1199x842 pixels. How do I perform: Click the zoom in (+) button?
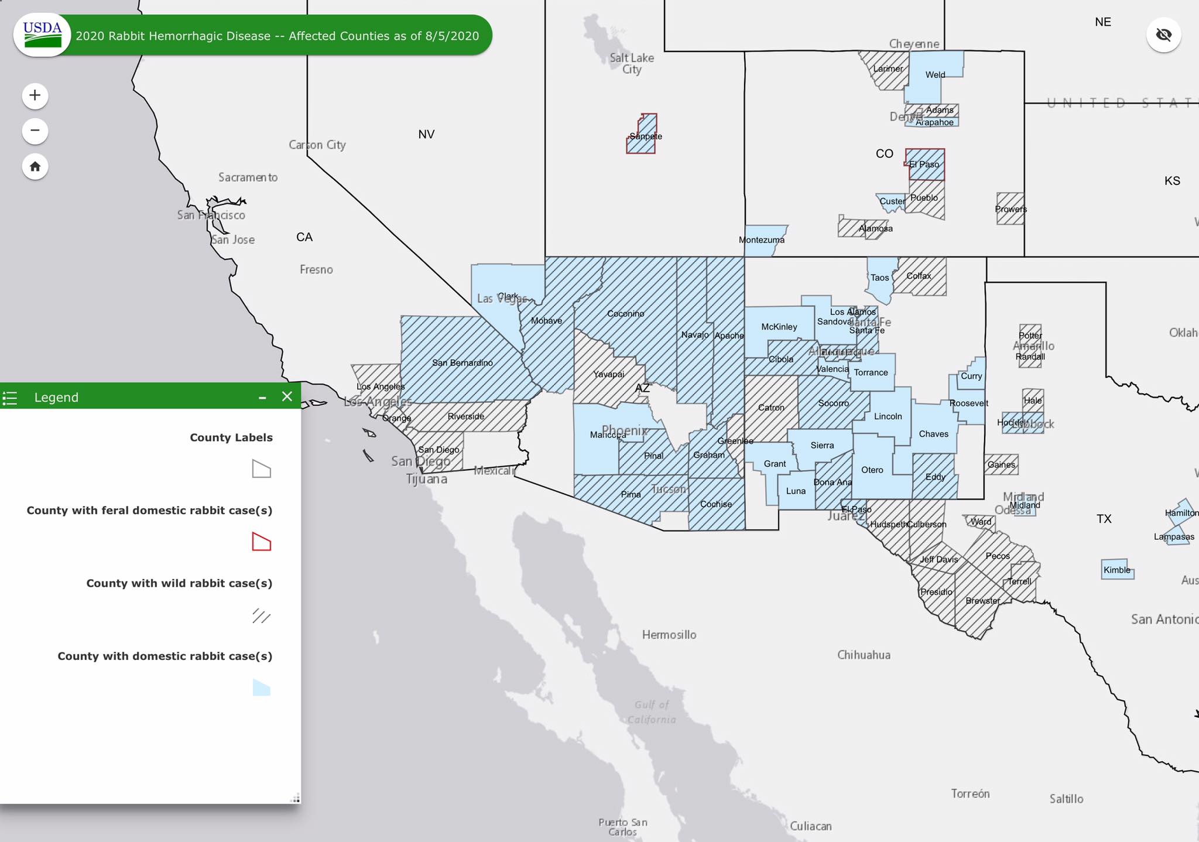35,95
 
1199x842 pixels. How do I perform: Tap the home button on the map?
35,167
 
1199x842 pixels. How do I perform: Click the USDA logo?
42,35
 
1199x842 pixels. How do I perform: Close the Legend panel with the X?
287,397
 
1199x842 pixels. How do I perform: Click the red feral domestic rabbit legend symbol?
261,542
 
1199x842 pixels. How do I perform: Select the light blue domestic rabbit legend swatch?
261,687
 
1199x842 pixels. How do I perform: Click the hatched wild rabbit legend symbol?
261,615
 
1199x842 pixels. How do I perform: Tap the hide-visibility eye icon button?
1163,35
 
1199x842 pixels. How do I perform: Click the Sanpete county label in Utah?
645,136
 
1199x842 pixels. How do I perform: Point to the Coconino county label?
625,314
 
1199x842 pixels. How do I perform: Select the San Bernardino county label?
462,363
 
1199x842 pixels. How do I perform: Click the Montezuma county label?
761,240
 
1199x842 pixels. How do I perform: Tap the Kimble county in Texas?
1116,570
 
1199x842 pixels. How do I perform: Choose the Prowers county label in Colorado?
1010,209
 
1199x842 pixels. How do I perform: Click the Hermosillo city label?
669,635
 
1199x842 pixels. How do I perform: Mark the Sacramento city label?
248,177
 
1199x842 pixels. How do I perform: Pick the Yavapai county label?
608,374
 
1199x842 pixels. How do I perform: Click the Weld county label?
935,75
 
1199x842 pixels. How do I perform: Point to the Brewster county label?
982,601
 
